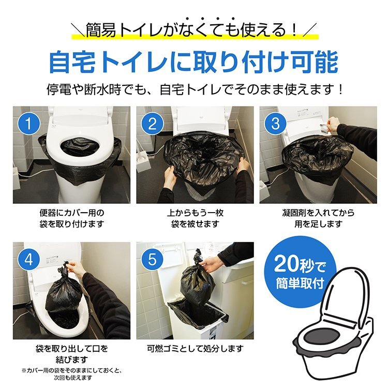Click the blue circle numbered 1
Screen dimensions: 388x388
pyautogui.click(x=30, y=124)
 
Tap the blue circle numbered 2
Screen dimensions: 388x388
pyautogui.click(x=152, y=124)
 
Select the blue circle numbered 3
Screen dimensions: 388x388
pyautogui.click(x=275, y=124)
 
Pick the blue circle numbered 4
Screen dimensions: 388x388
pyautogui.click(x=30, y=259)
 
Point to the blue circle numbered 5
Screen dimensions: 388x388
pyautogui.click(x=152, y=259)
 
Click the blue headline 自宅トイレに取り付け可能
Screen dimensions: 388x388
pyautogui.click(x=193, y=62)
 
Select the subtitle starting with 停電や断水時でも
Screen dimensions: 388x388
pyautogui.click(x=193, y=89)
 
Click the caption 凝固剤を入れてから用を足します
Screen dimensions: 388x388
pyautogui.click(x=318, y=218)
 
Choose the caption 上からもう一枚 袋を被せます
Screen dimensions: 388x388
pyautogui.click(x=195, y=218)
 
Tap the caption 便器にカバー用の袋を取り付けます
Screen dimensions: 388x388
pyautogui.click(x=71, y=218)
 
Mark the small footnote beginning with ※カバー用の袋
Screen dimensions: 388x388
pyautogui.click(x=71, y=374)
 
